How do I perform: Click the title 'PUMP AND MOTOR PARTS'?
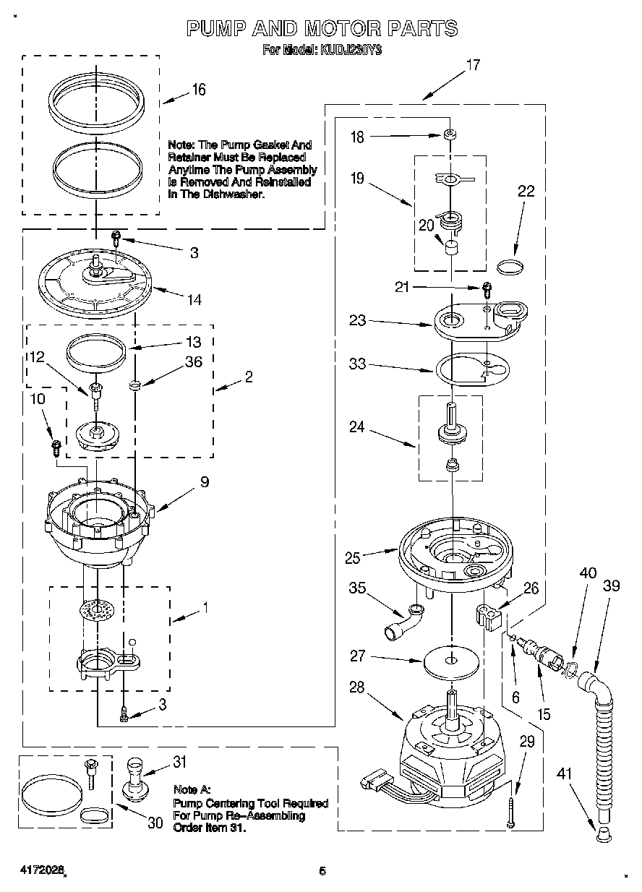click(x=322, y=28)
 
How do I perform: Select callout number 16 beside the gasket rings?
click(x=198, y=90)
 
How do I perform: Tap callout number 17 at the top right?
click(x=472, y=65)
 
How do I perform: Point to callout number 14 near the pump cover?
click(x=193, y=299)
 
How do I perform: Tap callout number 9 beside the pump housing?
click(x=205, y=481)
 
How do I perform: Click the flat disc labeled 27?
click(x=451, y=660)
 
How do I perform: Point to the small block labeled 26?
click(x=489, y=617)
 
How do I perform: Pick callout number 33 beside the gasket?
click(x=357, y=365)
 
